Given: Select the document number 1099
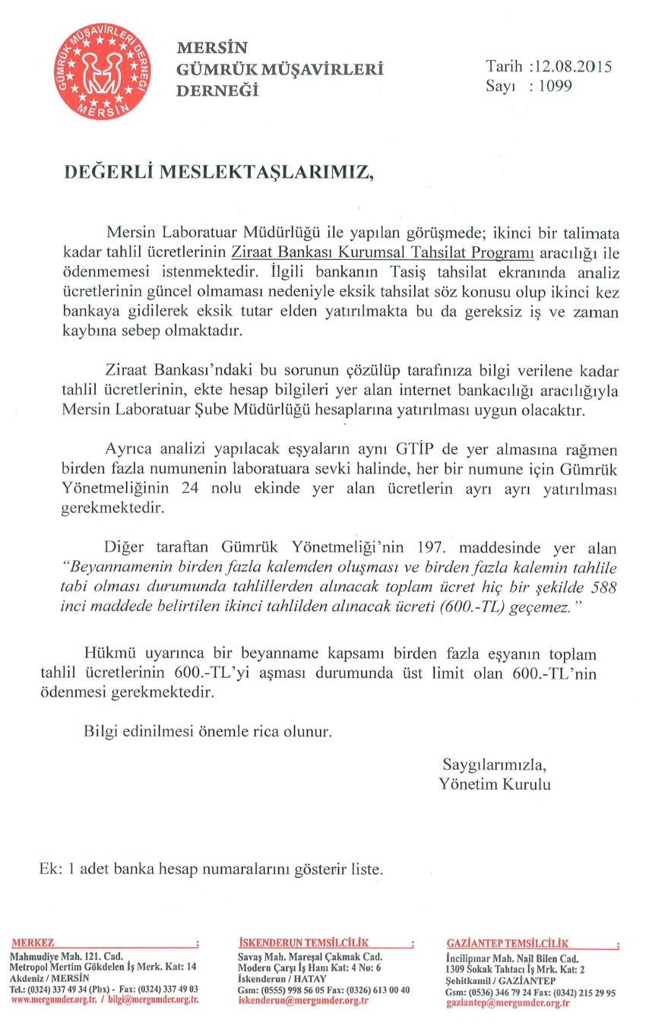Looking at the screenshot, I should [x=552, y=86].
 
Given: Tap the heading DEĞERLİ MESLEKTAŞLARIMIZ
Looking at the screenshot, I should [x=219, y=171].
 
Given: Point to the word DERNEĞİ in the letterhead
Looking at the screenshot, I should [x=217, y=90].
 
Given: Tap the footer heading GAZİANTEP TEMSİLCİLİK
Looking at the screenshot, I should [x=508, y=943].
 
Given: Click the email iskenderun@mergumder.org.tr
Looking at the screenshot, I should [x=303, y=1001].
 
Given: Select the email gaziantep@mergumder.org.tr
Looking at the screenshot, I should [x=508, y=1003].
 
